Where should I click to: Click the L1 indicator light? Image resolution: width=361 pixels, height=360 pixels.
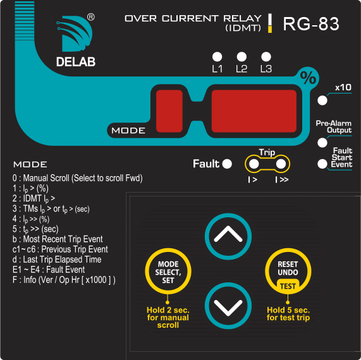pyautogui.click(x=217, y=57)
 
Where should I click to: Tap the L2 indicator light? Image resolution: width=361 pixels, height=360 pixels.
pyautogui.click(x=242, y=57)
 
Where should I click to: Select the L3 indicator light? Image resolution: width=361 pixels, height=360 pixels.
pyautogui.click(x=266, y=57)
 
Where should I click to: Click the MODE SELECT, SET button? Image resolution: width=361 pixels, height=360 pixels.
pyautogui.click(x=168, y=271)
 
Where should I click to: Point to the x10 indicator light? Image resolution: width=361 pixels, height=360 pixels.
pyautogui.click(x=322, y=100)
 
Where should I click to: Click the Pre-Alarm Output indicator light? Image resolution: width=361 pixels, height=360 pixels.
pyautogui.click(x=322, y=143)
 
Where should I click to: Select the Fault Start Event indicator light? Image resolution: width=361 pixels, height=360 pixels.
pyautogui.click(x=322, y=164)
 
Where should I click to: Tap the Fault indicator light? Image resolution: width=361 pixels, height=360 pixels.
pyautogui.click(x=227, y=164)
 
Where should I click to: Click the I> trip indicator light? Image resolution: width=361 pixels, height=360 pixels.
pyautogui.click(x=254, y=164)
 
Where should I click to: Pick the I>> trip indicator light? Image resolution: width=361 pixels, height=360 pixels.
pyautogui.click(x=281, y=164)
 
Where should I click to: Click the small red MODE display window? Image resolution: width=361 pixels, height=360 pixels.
pyautogui.click(x=169, y=111)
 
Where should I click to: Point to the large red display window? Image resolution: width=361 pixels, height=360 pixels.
pyautogui.click(x=254, y=111)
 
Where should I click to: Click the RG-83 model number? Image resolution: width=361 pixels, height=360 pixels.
pyautogui.click(x=311, y=24)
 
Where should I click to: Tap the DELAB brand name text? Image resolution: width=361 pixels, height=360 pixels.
pyautogui.click(x=76, y=62)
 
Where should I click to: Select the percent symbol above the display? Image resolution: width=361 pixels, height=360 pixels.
pyautogui.click(x=308, y=78)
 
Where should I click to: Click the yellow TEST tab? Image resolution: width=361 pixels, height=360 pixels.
pyautogui.click(x=288, y=286)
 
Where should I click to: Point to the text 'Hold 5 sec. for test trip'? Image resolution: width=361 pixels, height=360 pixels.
pyautogui.click(x=288, y=314)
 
